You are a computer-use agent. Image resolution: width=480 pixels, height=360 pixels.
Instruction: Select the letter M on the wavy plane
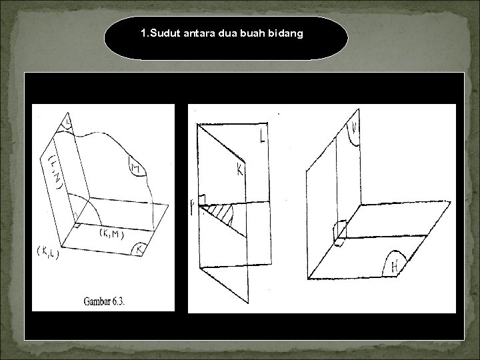[137, 166]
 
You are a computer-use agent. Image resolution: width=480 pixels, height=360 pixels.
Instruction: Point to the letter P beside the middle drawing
[194, 210]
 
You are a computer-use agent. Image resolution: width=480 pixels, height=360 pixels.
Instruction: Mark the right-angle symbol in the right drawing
[340, 229]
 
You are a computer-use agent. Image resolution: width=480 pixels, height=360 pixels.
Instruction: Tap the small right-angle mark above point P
[201, 198]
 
